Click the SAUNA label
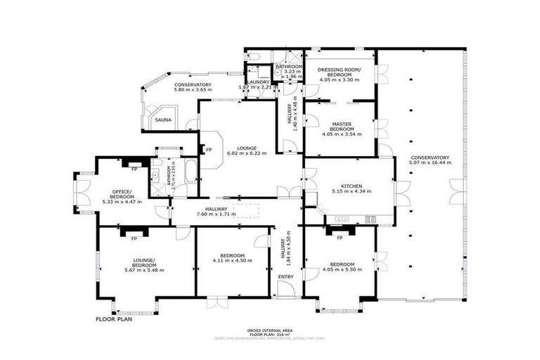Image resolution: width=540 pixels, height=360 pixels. pos(162,120)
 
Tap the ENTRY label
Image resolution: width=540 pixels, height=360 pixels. pos(286,276)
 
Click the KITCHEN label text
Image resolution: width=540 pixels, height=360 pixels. pos(345,186)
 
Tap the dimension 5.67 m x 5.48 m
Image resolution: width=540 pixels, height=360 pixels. pos(143,270)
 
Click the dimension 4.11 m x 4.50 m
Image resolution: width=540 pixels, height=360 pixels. pos(232,261)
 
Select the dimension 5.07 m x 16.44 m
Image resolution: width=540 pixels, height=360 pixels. pos(430,162)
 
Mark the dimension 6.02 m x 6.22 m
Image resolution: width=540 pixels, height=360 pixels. pos(246,153)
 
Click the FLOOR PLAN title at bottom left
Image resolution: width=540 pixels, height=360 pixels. pos(115,319)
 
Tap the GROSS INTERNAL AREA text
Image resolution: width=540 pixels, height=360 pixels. pos(270,330)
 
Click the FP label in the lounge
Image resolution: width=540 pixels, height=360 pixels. pos(209,149)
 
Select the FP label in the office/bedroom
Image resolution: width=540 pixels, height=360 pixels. pos(134,169)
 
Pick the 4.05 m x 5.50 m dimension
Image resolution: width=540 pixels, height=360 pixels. pos(342,270)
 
